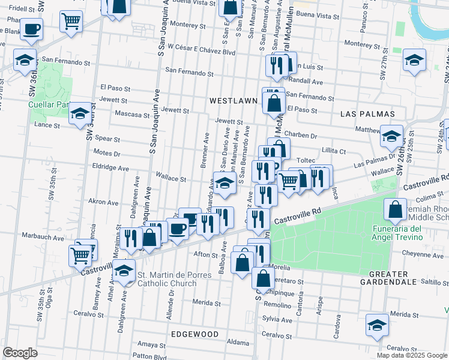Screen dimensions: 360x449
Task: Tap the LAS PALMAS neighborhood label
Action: click(x=367, y=113)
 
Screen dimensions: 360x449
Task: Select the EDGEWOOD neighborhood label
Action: click(x=194, y=334)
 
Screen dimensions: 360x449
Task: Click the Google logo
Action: click(x=20, y=353)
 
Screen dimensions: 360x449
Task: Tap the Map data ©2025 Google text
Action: click(x=412, y=355)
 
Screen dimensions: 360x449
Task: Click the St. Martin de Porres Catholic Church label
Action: click(x=167, y=280)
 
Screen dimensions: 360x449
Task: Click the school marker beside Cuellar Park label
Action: click(x=80, y=113)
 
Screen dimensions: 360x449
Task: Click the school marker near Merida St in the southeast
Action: click(x=378, y=325)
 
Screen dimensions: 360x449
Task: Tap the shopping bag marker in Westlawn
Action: click(x=274, y=102)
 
